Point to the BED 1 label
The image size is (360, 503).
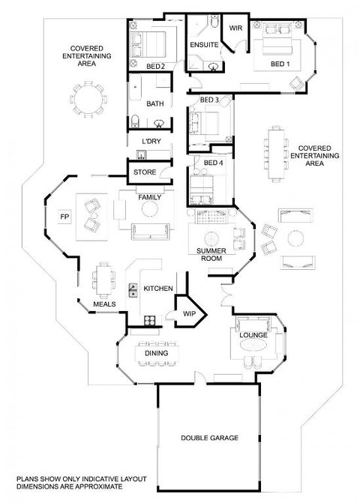(280, 64)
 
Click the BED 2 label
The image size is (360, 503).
(155, 67)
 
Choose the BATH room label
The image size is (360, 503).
(155, 105)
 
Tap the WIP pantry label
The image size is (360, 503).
(189, 314)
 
